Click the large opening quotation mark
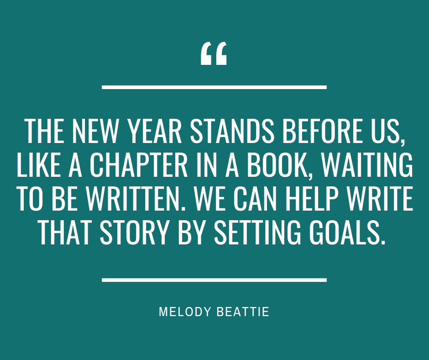click(x=214, y=54)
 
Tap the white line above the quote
click(x=214, y=86)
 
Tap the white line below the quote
click(x=214, y=280)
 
